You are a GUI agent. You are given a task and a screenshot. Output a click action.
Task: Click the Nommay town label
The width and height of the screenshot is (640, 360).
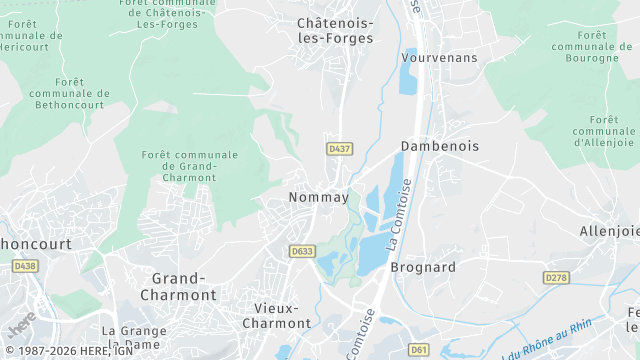pos(318,197)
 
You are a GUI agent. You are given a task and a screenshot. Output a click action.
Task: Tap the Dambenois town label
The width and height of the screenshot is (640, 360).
pos(439,146)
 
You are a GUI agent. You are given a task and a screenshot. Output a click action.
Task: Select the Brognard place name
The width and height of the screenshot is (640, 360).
pos(422,267)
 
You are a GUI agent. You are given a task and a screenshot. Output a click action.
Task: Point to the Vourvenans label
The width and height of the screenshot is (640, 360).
pos(439,57)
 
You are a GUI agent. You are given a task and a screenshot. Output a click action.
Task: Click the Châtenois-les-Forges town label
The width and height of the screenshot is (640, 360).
pos(335,30)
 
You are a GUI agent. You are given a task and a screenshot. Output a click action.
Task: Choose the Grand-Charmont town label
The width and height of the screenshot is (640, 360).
pos(183,286)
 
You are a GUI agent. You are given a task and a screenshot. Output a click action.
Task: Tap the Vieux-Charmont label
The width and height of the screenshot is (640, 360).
pos(276,315)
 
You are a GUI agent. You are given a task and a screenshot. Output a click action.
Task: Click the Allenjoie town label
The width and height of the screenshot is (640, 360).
pos(609,231)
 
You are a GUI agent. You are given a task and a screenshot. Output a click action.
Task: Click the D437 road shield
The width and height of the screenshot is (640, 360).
pos(339,149)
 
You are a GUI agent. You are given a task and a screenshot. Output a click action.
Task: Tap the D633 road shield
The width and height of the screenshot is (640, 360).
pos(301,251)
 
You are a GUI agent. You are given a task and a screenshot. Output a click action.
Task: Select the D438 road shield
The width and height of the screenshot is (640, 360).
pos(24,266)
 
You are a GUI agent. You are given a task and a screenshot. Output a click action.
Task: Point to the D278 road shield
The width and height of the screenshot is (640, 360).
pos(556,277)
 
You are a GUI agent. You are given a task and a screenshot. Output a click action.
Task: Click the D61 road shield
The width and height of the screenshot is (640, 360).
pos(419,349)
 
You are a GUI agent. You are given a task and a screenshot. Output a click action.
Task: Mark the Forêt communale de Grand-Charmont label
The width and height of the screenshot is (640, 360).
pos(190,166)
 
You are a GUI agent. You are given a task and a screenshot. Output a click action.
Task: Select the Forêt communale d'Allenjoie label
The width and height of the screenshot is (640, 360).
pos(603,130)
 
